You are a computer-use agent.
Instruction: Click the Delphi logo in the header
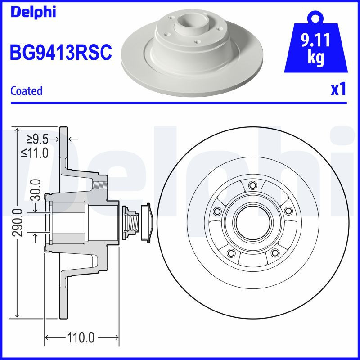pos(33,12)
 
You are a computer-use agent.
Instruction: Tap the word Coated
pos(26,91)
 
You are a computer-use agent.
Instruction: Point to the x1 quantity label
pos(338,90)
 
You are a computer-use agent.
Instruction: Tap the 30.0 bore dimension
pos(36,189)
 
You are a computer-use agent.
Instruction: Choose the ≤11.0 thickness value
pos(35,153)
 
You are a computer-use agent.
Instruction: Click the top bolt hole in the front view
pos(252,185)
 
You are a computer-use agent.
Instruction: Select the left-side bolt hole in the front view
pos(218,211)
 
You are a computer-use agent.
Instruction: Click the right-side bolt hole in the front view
pos(287,211)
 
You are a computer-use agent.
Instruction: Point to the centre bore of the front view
pos(252,220)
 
